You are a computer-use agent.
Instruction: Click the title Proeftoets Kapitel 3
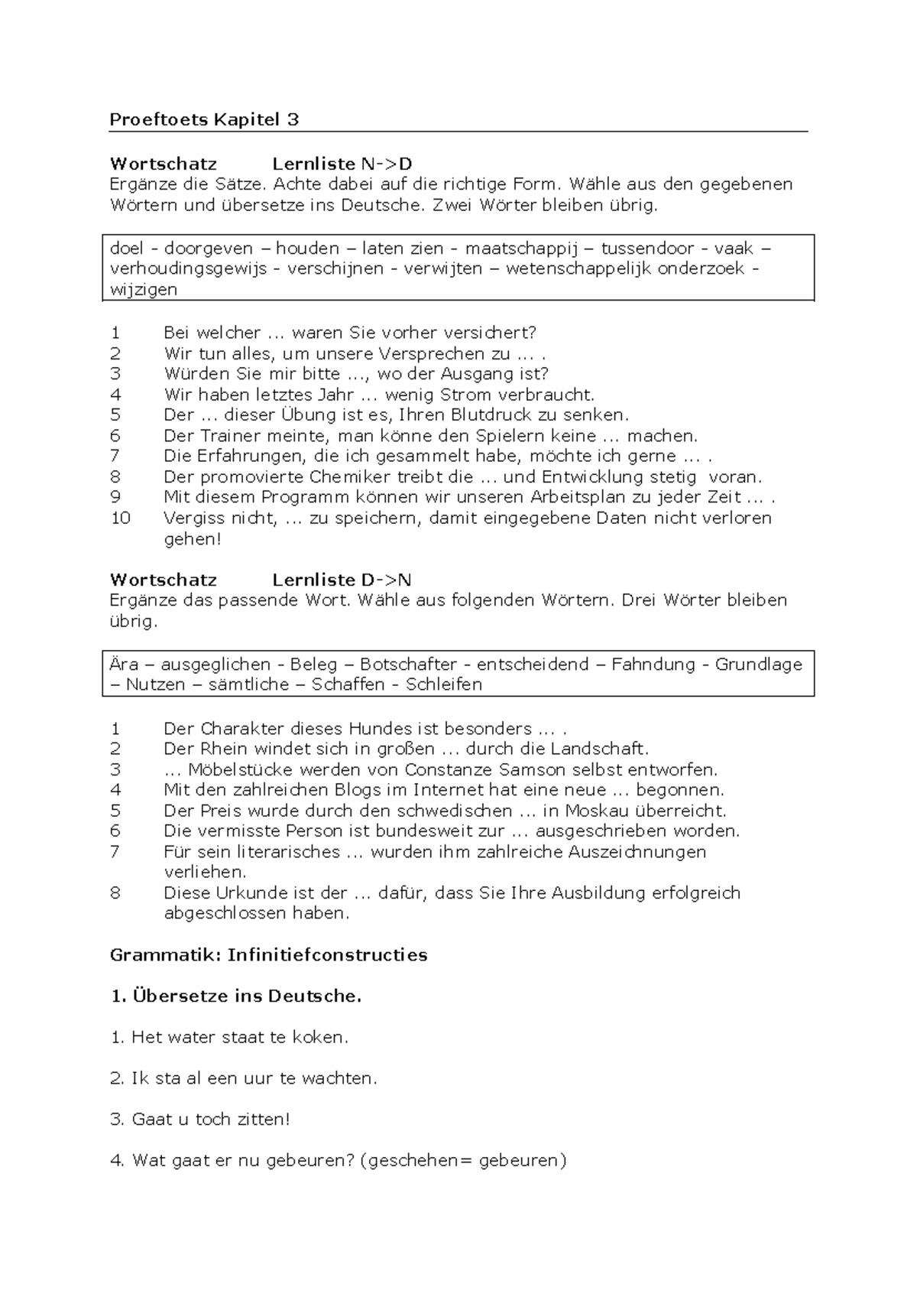point(204,119)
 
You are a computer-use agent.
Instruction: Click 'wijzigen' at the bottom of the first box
point(144,289)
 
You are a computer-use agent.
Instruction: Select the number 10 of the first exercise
point(121,518)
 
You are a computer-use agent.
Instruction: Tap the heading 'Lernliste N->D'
point(342,164)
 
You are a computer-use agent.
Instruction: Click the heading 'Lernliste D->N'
point(342,580)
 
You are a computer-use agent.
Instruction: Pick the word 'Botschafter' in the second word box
point(408,665)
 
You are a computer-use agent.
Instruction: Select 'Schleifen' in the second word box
point(444,684)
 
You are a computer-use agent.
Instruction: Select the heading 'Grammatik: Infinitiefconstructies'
point(268,955)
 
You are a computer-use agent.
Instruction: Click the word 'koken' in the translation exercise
point(322,1038)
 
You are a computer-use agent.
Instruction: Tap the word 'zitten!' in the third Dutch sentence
point(264,1120)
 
